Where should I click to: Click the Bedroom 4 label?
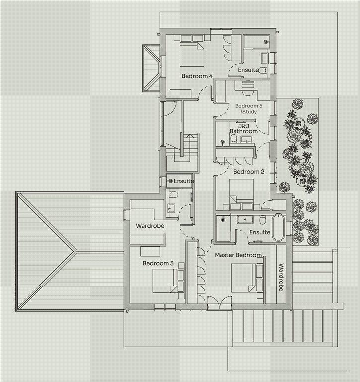pyautogui.click(x=197, y=76)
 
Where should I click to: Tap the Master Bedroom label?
pyautogui.click(x=238, y=255)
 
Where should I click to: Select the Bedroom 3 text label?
pyautogui.click(x=158, y=263)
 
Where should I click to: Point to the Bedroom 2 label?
pyautogui.click(x=249, y=172)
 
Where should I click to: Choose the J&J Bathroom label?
pyautogui.click(x=244, y=129)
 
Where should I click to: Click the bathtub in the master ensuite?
pyautogui.click(x=277, y=227)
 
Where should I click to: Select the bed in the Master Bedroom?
pyautogui.click(x=244, y=278)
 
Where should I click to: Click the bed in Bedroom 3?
pyautogui.click(x=164, y=281)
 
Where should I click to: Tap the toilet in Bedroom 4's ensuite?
pyautogui.click(x=262, y=70)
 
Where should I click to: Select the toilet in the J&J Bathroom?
pyautogui.click(x=233, y=139)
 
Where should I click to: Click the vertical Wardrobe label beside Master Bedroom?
pyautogui.click(x=281, y=277)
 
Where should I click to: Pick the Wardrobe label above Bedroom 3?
pyautogui.click(x=150, y=226)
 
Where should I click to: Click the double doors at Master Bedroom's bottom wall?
pyautogui.click(x=219, y=303)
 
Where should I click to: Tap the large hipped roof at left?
pyautogui.click(x=70, y=251)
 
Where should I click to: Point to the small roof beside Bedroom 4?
pyautogui.click(x=151, y=68)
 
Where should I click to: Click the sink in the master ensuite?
pyautogui.click(x=246, y=219)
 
